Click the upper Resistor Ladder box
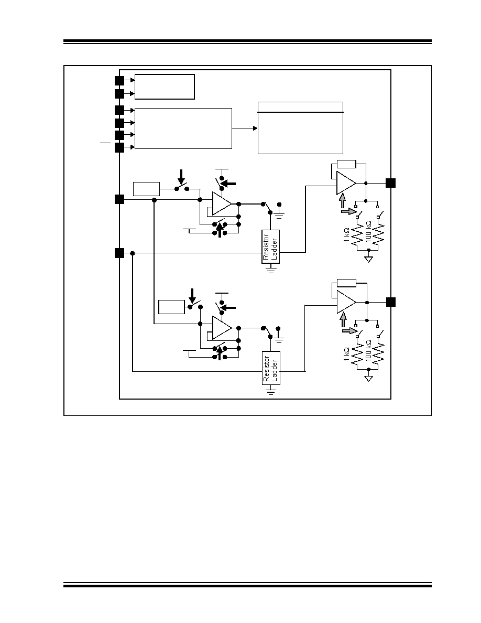(x=271, y=246)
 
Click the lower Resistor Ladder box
(x=271, y=368)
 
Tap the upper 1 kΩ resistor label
(x=346, y=235)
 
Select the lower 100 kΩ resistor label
(x=368, y=350)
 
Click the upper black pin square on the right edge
(x=391, y=183)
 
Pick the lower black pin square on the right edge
(x=391, y=302)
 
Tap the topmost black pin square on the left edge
(x=119, y=81)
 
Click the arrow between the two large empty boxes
(x=245, y=128)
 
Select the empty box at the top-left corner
(x=165, y=87)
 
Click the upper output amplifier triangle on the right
(x=345, y=183)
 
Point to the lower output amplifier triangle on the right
(x=345, y=302)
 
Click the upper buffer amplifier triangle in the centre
(x=221, y=203)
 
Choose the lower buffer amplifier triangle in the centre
(x=221, y=327)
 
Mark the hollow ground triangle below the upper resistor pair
(x=369, y=260)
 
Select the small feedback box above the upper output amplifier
(x=346, y=164)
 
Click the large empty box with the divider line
(x=300, y=128)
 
